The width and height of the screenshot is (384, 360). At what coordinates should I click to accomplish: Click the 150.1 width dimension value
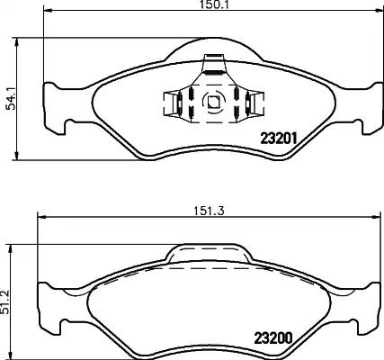point(214,4)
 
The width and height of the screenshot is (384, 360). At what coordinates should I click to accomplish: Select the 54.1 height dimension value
point(12,99)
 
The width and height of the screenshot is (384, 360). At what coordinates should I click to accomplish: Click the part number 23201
point(279,139)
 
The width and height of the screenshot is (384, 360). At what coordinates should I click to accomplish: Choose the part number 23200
point(273,338)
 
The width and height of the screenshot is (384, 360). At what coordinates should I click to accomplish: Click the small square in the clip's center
point(214,103)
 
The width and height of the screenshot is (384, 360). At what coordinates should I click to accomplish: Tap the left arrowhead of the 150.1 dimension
point(48,11)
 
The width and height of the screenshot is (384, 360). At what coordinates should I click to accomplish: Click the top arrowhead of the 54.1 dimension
point(17,42)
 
